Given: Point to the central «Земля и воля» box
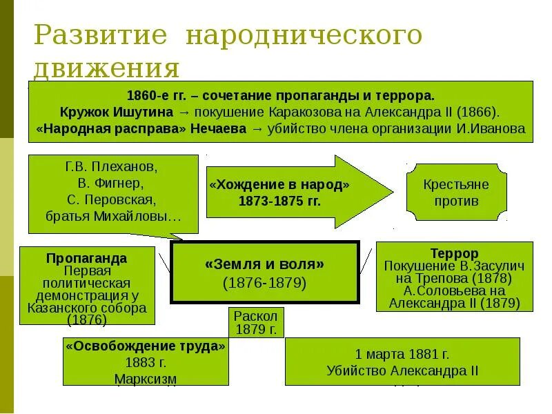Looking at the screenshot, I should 264,272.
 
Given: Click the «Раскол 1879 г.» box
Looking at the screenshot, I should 255,322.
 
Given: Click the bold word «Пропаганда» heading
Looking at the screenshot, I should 86,258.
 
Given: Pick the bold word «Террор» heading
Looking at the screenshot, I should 454,254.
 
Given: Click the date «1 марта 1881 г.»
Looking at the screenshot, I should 402,355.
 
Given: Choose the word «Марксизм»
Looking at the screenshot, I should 146,379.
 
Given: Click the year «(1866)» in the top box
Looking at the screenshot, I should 478,112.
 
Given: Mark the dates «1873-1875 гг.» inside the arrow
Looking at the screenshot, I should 279,201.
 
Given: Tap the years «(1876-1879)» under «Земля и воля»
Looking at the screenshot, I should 264,283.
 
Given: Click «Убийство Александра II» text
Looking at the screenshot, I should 402,371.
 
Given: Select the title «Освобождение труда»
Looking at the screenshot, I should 146,346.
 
